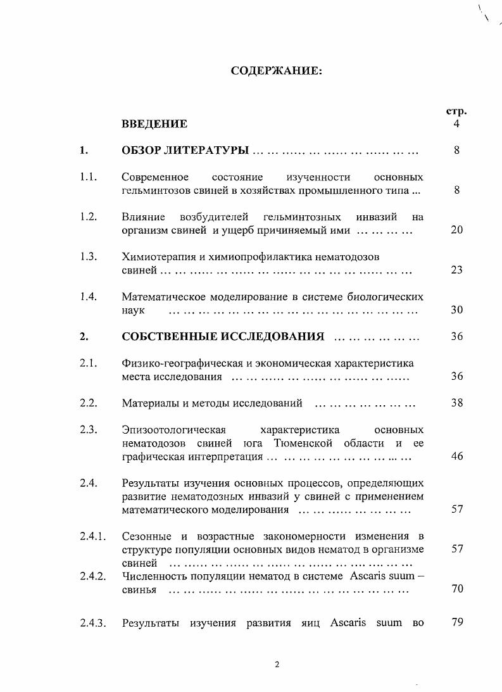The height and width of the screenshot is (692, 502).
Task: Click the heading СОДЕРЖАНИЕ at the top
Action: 277,71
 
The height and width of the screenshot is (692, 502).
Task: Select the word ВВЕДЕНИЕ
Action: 154,123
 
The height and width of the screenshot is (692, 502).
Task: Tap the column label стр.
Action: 456,111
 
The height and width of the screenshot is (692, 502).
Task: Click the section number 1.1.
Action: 88,177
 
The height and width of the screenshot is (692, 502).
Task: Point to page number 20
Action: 456,230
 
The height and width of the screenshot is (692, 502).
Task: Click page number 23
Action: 456,270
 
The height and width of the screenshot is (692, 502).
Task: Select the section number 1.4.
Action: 88,296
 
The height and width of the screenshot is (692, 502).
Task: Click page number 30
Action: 456,310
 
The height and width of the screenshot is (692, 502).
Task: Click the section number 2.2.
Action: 88,403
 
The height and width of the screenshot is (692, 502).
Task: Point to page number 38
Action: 456,403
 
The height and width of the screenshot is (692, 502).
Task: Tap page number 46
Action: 456,456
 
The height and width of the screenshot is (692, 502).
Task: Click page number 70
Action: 456,589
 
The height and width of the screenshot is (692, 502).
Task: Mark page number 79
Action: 456,622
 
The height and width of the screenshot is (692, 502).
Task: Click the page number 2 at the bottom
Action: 277,664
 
